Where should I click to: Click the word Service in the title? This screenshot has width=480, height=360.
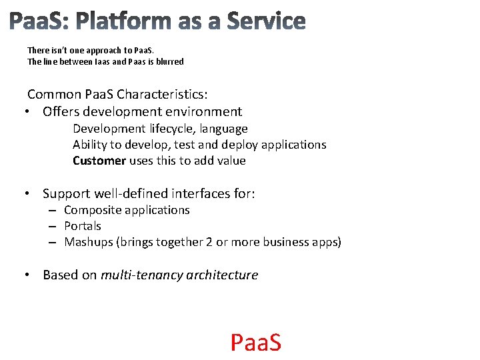(x=266, y=21)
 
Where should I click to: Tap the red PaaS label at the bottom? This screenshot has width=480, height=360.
(x=256, y=342)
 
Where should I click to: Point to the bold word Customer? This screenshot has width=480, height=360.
(x=99, y=161)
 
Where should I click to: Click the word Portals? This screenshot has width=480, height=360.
(x=83, y=226)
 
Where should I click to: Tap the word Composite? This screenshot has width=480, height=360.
(x=92, y=210)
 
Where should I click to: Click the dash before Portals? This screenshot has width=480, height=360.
(x=51, y=227)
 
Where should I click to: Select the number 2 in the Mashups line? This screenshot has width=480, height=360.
(x=209, y=242)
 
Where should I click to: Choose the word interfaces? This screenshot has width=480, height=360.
(x=201, y=194)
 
